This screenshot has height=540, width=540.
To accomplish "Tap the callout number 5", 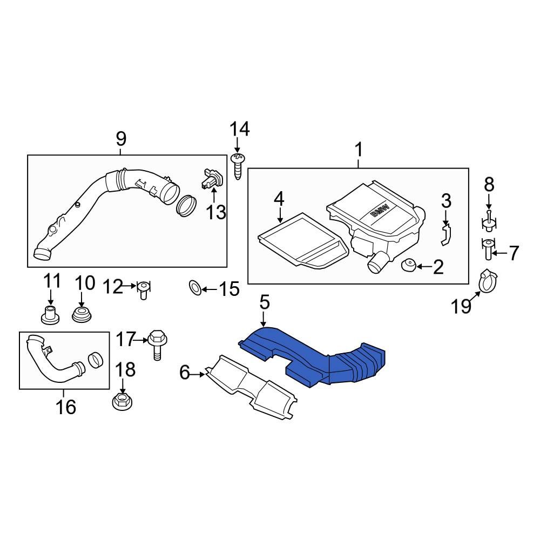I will (264, 302).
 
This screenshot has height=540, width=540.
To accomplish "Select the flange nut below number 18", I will (122, 402).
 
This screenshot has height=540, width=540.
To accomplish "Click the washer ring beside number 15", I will (195, 288).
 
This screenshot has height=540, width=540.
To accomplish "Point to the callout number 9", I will (121, 139).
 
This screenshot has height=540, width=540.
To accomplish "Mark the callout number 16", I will (66, 406).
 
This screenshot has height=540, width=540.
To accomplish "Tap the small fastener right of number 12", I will (143, 289).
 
